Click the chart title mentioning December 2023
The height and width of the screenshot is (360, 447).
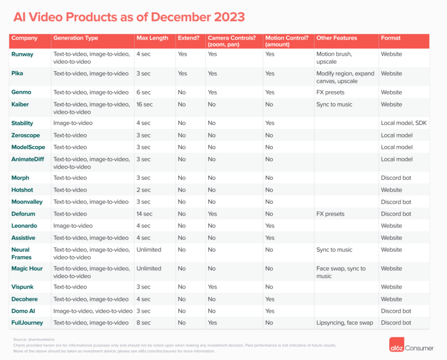pos(129,17)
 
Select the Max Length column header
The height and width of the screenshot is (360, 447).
pos(152,38)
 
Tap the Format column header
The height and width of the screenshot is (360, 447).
pos(391,38)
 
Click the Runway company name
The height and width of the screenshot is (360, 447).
pos(22,54)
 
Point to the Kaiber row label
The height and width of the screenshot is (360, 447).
pos(20,104)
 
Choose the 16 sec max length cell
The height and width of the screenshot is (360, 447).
pos(144,104)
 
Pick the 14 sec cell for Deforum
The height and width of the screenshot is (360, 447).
pos(144,214)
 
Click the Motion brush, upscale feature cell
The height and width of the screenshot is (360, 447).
pos(334,58)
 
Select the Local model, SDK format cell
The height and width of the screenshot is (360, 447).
pos(404,123)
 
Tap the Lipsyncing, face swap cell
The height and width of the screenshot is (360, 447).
pos(345,323)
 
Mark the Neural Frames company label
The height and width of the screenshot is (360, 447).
pos(21,254)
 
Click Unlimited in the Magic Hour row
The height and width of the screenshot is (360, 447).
pos(149,268)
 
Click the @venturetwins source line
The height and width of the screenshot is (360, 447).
pos(34,340)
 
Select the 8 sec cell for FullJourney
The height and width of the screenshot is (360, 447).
pos(144,323)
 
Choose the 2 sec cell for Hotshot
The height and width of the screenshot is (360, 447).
pos(144,190)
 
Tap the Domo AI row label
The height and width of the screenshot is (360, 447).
pos(23,311)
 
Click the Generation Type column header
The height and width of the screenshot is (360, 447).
pos(76,38)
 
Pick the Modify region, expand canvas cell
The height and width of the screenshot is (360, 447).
pos(345,77)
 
